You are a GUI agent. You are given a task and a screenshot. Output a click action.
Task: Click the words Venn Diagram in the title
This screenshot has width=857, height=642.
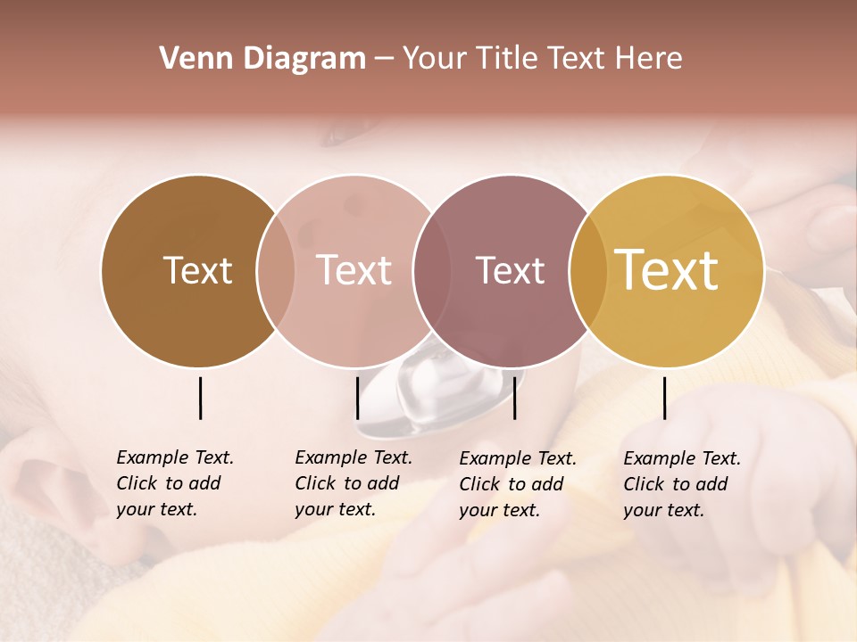pos(262,59)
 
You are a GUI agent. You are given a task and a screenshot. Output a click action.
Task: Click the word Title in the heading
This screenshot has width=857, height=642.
pos(508,59)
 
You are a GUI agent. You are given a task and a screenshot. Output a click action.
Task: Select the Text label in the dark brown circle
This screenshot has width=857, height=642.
pos(197,270)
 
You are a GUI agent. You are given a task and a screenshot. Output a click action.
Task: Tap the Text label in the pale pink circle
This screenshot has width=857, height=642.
pos(354,270)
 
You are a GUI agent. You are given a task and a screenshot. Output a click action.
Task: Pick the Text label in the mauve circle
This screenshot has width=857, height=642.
pos(510,270)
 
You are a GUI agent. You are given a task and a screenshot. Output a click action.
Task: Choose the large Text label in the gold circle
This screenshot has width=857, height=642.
pos(667,270)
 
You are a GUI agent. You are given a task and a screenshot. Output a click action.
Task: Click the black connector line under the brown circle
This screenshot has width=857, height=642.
pos(200,398)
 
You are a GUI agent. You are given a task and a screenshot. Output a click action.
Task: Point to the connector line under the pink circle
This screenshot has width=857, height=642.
pos(357,398)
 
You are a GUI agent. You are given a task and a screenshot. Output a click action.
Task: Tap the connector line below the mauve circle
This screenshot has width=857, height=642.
pos(515,398)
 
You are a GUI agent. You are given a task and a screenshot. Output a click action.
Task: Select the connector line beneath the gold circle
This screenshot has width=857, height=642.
pos(665,398)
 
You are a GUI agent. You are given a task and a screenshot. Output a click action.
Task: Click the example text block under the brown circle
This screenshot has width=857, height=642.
pos(175,483)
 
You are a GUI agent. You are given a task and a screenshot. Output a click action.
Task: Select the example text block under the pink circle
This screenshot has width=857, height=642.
pos(354,483)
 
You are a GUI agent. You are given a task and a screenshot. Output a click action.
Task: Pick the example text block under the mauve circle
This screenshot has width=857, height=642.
pos(518,484)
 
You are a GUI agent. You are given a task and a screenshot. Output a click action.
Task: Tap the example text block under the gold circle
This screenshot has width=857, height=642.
pos(682,484)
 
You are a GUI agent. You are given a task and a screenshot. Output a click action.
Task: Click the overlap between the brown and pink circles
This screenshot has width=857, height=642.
pos(276,271)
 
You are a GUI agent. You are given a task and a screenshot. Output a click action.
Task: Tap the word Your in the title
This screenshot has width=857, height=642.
pos(434,59)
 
